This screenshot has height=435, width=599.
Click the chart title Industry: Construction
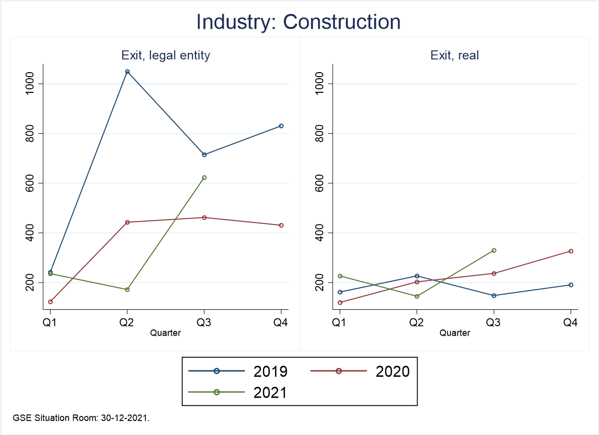[x=298, y=22]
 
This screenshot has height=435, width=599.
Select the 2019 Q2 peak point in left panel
[x=127, y=72]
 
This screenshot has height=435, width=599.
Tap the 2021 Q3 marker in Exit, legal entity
[x=204, y=178]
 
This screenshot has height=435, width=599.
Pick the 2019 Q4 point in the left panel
[x=281, y=126]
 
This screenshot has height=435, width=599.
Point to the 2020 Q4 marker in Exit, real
[x=571, y=251]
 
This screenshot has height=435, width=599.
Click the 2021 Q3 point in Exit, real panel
[x=493, y=250]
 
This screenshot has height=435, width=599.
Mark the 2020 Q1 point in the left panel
[x=51, y=302]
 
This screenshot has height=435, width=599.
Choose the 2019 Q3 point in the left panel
[x=204, y=154]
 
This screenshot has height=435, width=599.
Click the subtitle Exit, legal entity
[x=166, y=56]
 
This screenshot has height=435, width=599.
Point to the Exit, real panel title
[x=455, y=56]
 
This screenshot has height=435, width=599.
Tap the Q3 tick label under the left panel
[x=204, y=323]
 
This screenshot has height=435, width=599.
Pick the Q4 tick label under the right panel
[x=571, y=323]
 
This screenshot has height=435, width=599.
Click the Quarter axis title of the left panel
[x=166, y=333]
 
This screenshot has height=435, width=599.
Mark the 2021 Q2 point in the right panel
[x=416, y=296]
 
